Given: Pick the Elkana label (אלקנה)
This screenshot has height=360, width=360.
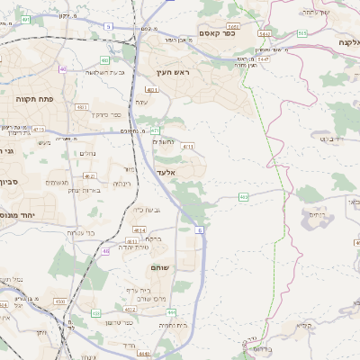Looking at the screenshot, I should (x=346, y=42).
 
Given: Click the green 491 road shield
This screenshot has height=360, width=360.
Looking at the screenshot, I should (x=26, y=18).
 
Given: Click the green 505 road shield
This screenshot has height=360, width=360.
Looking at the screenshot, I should (x=302, y=33).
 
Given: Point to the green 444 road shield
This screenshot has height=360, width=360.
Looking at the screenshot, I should (x=171, y=312).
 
